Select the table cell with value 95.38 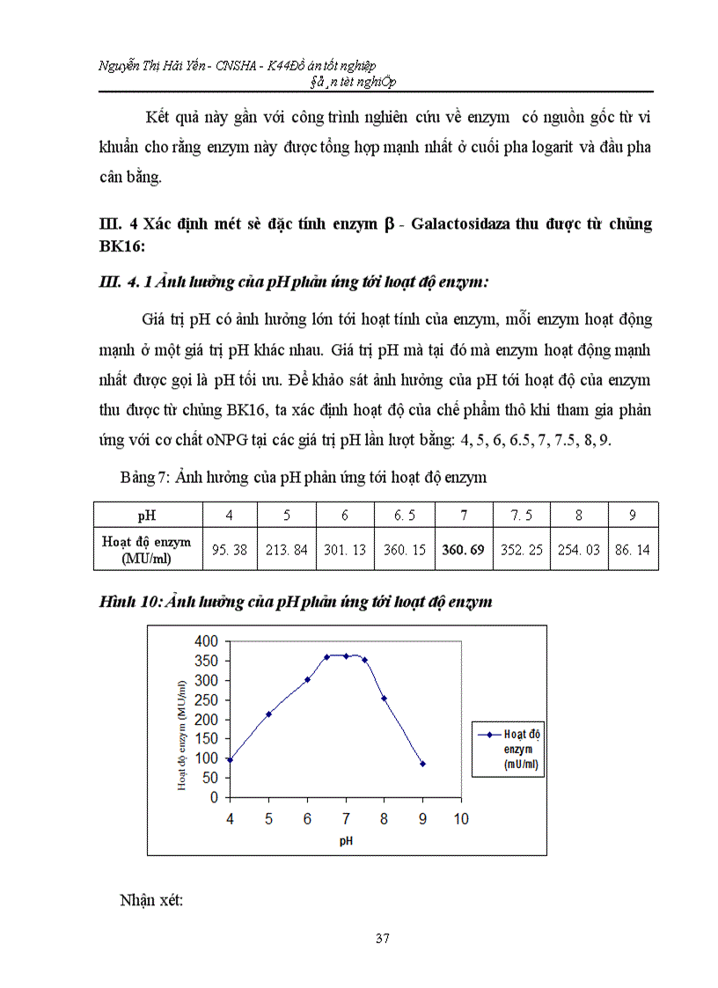(x=231, y=549)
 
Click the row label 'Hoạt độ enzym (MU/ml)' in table (x=147, y=549)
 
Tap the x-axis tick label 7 (x=346, y=819)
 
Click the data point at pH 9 (x=422, y=764)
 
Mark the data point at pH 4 (x=230, y=760)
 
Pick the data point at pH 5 (x=268, y=714)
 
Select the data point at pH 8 (x=384, y=699)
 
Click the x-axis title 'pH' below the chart (x=346, y=841)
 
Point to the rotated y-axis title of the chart (x=182, y=735)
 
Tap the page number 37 (x=382, y=939)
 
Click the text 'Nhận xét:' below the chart (x=150, y=900)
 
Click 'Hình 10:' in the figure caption (x=125, y=602)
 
